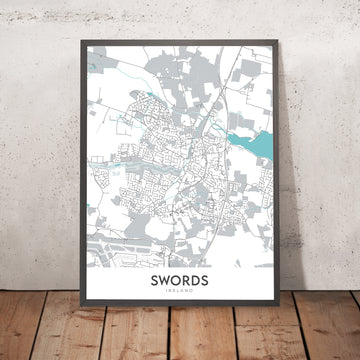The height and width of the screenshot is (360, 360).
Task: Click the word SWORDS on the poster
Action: [181, 283]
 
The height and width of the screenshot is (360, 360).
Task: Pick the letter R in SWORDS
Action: [187, 283]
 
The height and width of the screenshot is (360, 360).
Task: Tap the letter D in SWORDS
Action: [195, 283]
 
